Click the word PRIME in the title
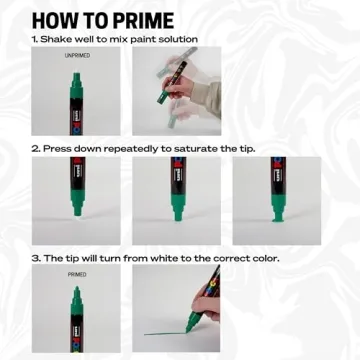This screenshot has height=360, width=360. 138,19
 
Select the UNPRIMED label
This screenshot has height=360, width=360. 76,56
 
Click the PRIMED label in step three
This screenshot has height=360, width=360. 76,272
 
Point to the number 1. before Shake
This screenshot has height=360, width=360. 35,39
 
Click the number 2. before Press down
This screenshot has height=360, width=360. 35,148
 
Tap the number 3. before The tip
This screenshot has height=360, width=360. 35,257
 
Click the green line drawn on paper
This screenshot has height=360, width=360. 166,333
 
